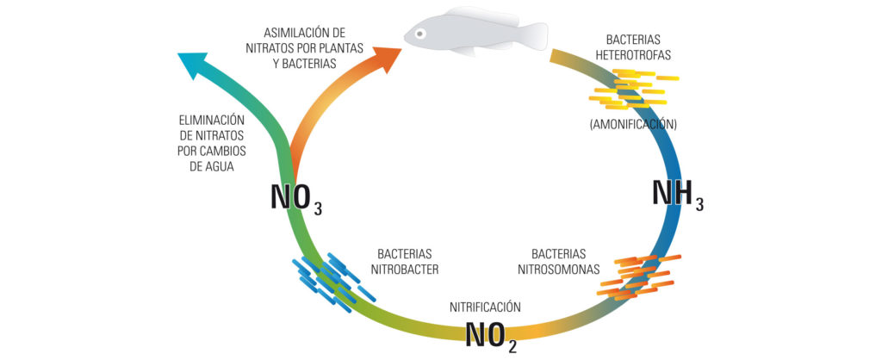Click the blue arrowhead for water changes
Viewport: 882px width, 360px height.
coord(192,64)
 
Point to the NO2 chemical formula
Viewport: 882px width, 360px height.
coord(490,336)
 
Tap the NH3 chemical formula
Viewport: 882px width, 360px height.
coord(678,194)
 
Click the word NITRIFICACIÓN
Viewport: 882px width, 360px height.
coord(486,307)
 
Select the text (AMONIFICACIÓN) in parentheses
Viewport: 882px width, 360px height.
coord(633,125)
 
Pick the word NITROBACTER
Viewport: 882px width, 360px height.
coord(405,270)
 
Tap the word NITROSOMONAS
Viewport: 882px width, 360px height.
coord(558,270)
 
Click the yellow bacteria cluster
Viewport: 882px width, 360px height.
coord(631,89)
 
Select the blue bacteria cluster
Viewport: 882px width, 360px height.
coord(332,282)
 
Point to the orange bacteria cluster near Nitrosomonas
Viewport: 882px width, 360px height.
coord(638,276)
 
